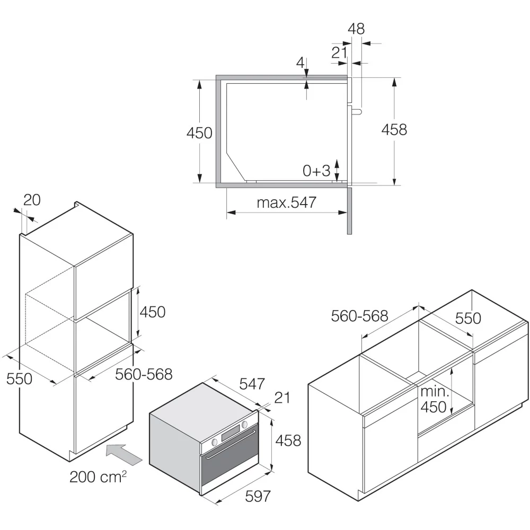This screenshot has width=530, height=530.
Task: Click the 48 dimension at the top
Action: click(356, 29)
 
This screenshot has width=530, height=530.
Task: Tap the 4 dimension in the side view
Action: click(300, 63)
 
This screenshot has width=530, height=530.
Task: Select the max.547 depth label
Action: click(287, 202)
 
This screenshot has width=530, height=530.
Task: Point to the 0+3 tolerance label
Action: click(316, 171)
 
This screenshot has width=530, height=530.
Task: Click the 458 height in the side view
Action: click(394, 129)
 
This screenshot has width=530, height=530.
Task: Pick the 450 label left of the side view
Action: click(199, 133)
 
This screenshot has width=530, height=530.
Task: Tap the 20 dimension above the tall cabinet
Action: click(32, 200)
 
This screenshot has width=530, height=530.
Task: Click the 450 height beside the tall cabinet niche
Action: click(153, 312)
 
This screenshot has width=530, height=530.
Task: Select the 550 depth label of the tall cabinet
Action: click(19, 378)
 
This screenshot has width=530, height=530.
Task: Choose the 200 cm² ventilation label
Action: click(98, 476)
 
